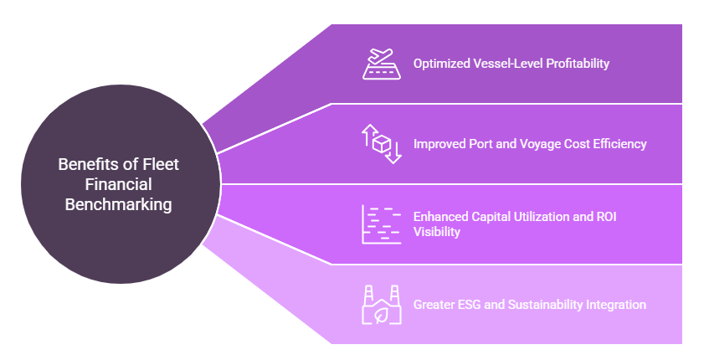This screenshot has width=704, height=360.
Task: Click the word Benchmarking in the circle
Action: click(118, 203)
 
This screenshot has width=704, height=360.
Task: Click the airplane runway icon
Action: click(381, 64)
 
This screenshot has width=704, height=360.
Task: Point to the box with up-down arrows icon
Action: click(381, 144)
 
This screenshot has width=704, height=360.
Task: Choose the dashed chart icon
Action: click(381, 224)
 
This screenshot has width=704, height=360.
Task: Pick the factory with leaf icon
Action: click(381, 305)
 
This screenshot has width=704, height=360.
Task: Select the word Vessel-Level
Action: click(508, 64)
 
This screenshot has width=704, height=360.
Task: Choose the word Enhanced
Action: click(440, 216)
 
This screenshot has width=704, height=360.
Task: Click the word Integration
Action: click(614, 305)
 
